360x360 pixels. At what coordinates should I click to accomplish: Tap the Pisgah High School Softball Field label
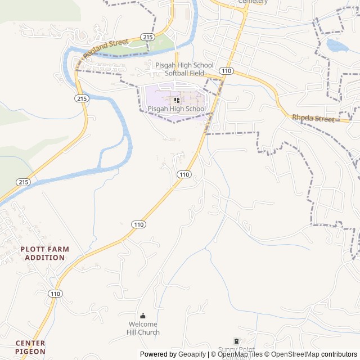(x=181, y=69)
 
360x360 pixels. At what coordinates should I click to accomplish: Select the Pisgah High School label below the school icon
(x=177, y=109)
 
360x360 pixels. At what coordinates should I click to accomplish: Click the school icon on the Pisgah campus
(x=177, y=100)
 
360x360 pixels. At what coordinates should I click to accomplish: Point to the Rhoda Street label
(x=313, y=118)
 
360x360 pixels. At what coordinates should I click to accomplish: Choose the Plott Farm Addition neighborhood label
(x=44, y=253)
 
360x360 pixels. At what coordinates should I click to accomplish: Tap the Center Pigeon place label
(x=30, y=347)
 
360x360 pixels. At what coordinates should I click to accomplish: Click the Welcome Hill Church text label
(x=143, y=328)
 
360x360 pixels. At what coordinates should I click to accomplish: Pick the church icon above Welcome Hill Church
(x=143, y=316)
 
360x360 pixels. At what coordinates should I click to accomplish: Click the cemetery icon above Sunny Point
(x=236, y=341)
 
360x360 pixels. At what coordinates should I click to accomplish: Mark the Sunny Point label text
(x=236, y=349)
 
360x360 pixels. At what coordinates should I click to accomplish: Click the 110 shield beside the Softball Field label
(x=226, y=71)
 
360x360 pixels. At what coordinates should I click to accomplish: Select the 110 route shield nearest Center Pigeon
(x=55, y=294)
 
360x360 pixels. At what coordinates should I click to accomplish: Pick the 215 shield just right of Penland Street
(x=148, y=37)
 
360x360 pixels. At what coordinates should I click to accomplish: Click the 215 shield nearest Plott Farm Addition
(x=23, y=182)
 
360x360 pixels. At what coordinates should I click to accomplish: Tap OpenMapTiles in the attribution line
(x=240, y=354)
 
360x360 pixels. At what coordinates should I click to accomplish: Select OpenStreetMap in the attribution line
(x=295, y=354)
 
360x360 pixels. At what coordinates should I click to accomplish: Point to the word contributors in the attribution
(x=339, y=354)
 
